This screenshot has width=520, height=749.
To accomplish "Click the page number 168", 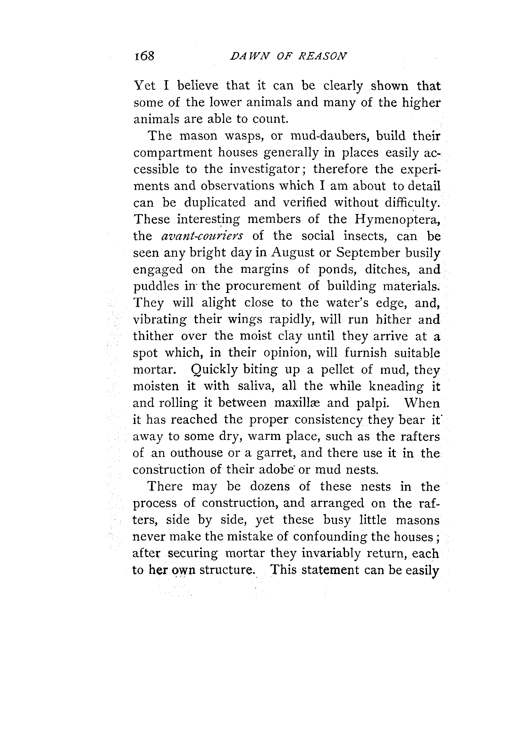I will click(x=144, y=56).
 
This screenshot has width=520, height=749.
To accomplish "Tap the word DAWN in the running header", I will click(x=249, y=56).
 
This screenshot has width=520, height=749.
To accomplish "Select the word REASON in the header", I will click(x=323, y=56).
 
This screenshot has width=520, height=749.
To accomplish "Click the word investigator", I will click(x=264, y=169).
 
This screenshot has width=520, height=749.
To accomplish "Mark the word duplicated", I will click(x=215, y=202).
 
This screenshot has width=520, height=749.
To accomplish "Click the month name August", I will click(x=294, y=252).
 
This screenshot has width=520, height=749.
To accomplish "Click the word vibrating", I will click(x=160, y=320).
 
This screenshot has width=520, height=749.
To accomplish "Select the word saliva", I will click(x=257, y=386).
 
